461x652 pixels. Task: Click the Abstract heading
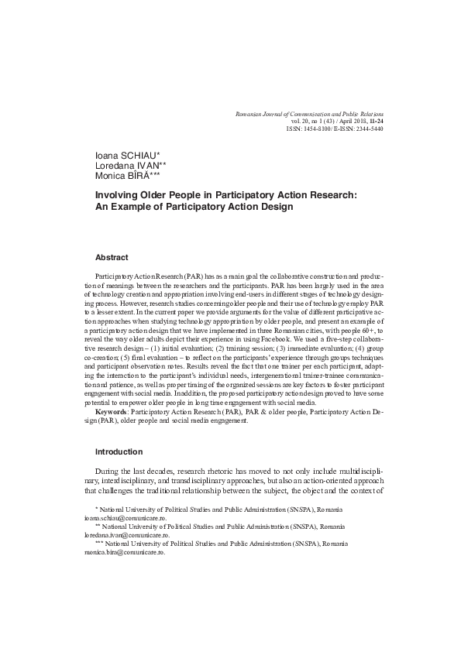tap(112, 256)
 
